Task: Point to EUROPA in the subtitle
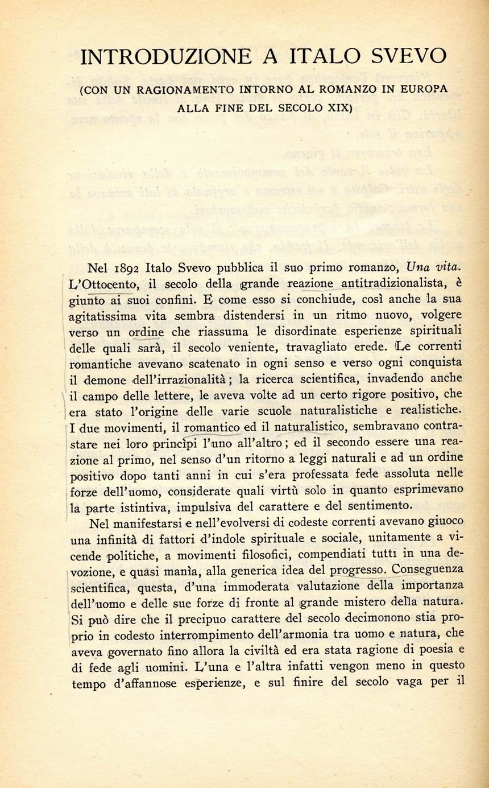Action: coord(421,89)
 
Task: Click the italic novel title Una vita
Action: coord(434,267)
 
